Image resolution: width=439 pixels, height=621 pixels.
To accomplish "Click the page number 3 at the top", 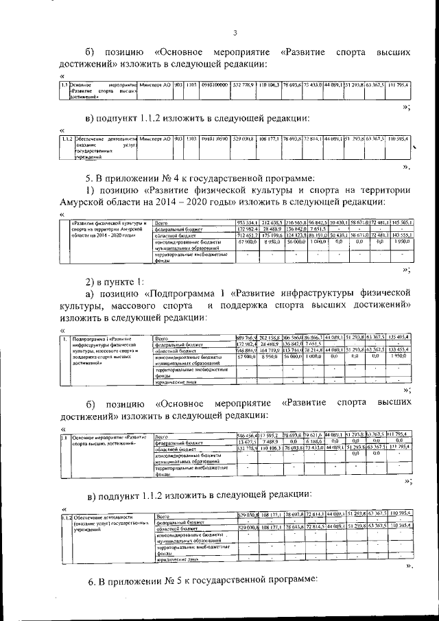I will pos(235,32).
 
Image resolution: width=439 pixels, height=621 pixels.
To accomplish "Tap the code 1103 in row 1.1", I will pos(191,84).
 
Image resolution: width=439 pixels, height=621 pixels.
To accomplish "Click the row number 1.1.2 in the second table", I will pos(67,139).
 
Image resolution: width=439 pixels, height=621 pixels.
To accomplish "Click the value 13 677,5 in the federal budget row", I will pos(247,442).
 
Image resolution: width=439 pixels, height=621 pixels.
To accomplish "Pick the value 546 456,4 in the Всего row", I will pos(247,436).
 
